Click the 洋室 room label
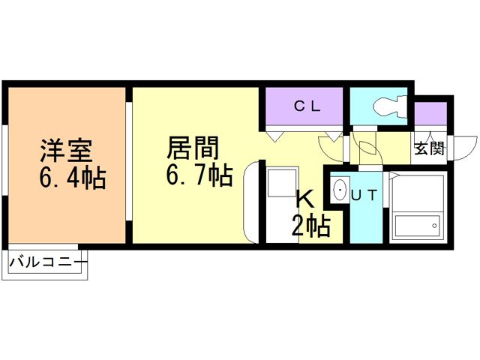tap(66, 150)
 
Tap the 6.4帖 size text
tap(71, 178)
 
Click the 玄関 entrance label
tap(428, 148)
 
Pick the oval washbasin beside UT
tap(338, 191)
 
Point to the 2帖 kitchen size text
tap(310, 225)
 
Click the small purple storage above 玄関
tap(430, 115)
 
